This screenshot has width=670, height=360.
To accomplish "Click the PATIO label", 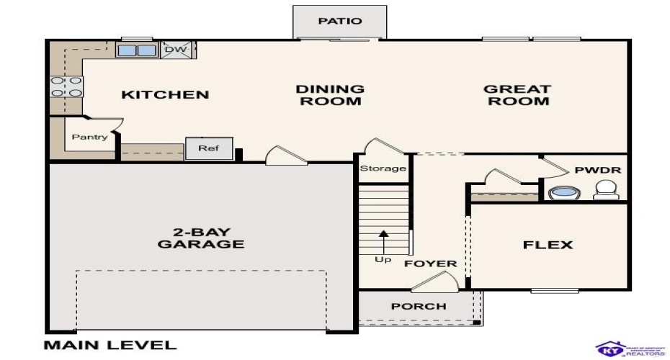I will tap(339, 21).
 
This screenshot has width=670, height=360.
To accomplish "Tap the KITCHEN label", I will tap(165, 95).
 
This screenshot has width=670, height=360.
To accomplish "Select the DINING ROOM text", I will tap(330, 95).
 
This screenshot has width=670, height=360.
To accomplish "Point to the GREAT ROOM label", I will tap(517, 95).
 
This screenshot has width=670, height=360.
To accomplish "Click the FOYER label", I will tap(430, 264).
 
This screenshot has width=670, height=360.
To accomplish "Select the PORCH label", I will tap(419, 306).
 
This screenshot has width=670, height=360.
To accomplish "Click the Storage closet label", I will tap(383, 169).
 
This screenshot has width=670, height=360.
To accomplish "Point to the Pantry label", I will tap(90, 137).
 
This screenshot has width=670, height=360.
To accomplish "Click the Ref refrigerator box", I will tap(208, 149).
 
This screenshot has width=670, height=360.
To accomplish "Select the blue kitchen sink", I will tap(137, 50).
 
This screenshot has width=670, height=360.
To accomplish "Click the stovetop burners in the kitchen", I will tap(66, 86).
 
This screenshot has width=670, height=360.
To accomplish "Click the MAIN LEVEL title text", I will tap(110, 345).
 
